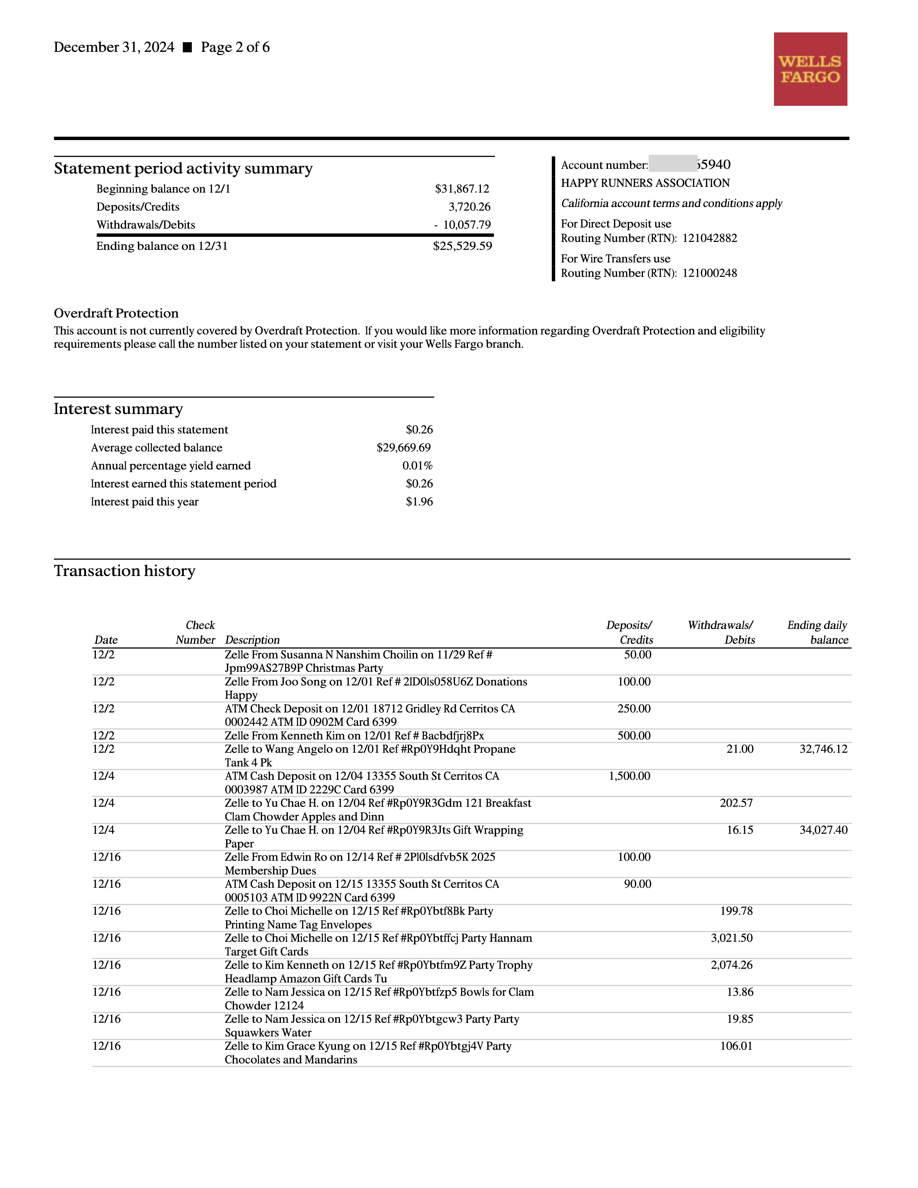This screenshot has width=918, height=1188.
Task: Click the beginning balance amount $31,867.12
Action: click(x=462, y=189)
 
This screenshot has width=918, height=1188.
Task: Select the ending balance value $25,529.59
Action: click(x=462, y=246)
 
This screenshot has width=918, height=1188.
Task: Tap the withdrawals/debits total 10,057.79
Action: click(x=466, y=225)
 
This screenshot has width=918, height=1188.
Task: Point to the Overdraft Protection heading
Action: click(x=116, y=313)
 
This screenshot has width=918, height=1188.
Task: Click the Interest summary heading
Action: click(x=118, y=409)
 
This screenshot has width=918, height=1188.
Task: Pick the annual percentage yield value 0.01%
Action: click(x=417, y=465)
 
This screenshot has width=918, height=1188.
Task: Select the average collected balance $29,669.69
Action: click(x=404, y=448)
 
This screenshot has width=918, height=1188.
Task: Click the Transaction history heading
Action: click(x=125, y=571)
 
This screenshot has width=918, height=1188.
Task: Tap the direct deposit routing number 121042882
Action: click(x=710, y=238)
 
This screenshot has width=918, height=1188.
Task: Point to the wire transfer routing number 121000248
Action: click(x=710, y=273)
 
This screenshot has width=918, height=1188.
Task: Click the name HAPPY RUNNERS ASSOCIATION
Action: click(x=645, y=183)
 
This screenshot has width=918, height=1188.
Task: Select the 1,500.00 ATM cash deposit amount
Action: click(x=629, y=776)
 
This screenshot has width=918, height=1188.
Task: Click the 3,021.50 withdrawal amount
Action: click(x=732, y=938)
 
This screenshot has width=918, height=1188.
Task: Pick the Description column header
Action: click(x=252, y=640)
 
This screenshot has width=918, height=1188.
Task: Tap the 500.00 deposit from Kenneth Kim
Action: click(x=634, y=736)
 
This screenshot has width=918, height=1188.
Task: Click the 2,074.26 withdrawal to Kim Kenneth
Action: click(x=732, y=965)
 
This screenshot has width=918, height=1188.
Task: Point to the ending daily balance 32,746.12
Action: click(x=823, y=749)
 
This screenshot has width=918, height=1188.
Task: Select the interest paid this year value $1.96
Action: click(x=419, y=501)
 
